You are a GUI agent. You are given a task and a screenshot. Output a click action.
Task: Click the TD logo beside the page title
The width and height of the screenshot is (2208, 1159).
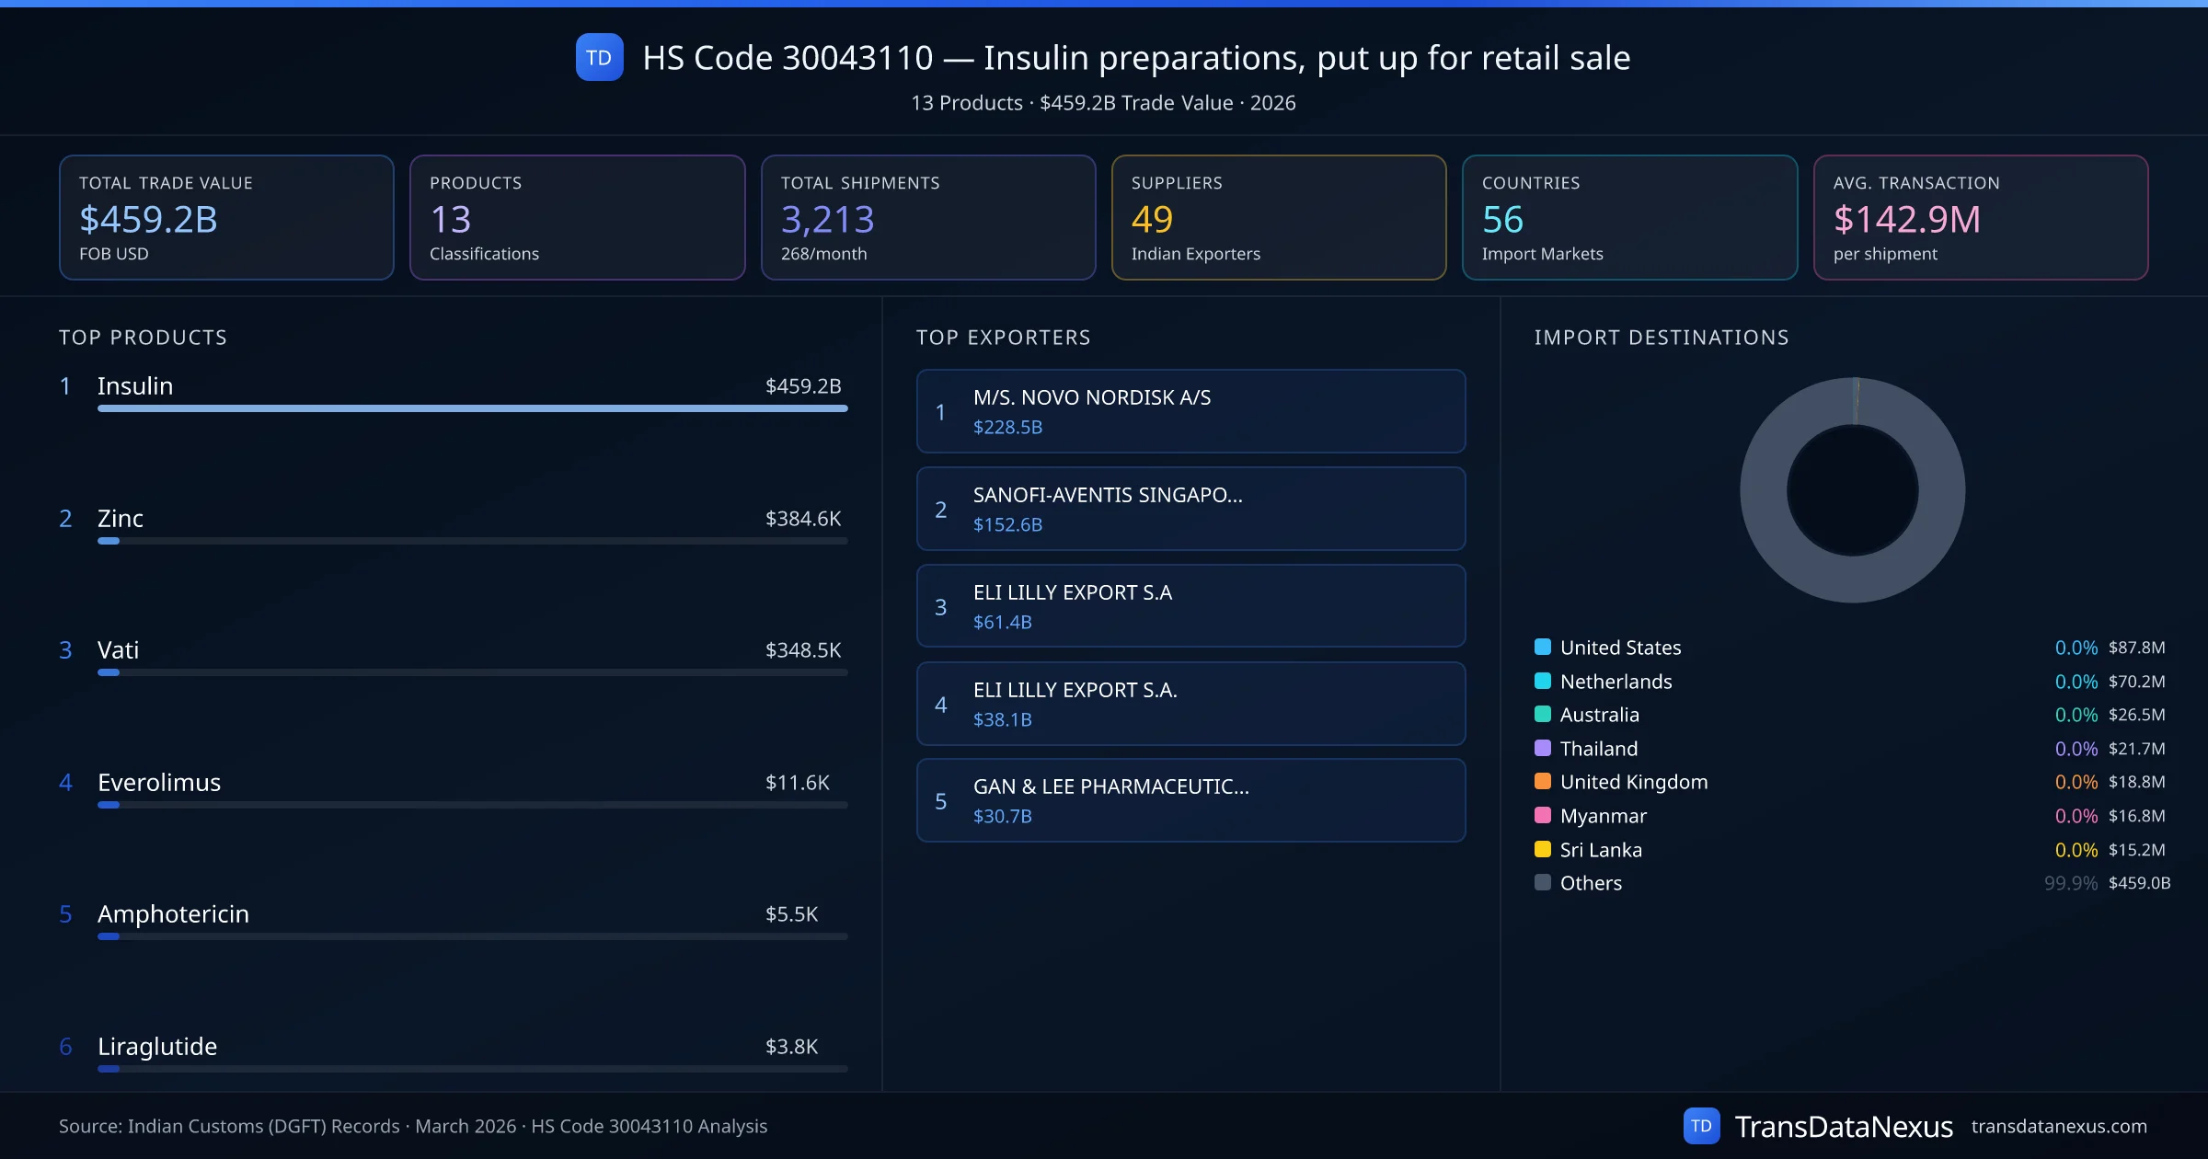tap(599, 58)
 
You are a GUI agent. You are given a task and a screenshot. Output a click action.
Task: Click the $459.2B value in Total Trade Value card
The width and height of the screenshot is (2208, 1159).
tap(148, 220)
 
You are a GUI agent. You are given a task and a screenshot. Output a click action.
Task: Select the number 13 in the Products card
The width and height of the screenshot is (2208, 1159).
tap(450, 220)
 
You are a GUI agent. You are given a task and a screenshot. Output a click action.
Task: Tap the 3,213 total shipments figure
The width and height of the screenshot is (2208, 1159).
tap(827, 220)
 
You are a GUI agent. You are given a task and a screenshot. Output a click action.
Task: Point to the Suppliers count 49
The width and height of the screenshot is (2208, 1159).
tap(1152, 220)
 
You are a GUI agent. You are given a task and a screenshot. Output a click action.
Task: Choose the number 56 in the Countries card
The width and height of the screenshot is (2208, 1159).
tap(1502, 220)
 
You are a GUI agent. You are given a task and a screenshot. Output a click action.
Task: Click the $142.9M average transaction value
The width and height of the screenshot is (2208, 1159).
tap(1906, 220)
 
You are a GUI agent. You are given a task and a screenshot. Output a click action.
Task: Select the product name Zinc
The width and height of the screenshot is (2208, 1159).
tap(121, 519)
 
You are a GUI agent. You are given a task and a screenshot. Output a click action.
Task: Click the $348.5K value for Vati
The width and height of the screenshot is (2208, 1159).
tap(803, 650)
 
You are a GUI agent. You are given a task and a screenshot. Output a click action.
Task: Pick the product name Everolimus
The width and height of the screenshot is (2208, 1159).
tap(159, 783)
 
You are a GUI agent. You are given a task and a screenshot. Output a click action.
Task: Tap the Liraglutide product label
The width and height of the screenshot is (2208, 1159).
tap(157, 1047)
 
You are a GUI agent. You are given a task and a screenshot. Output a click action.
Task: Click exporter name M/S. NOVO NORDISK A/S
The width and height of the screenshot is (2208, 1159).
tap(1092, 397)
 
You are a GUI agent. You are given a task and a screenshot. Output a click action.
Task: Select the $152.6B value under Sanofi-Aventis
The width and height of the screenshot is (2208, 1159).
tap(1007, 524)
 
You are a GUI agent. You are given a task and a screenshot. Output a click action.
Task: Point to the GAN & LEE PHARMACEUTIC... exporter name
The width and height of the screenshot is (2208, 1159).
tap(1111, 786)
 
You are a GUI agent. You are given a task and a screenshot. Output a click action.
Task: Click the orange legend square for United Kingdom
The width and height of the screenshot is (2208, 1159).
tap(1543, 782)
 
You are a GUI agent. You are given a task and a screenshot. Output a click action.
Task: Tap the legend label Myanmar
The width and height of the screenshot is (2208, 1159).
tap(1604, 816)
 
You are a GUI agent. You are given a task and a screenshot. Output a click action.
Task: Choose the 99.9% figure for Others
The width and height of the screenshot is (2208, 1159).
tap(2070, 883)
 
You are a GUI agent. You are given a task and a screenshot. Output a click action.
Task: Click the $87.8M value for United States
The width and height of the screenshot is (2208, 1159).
tap(2136, 648)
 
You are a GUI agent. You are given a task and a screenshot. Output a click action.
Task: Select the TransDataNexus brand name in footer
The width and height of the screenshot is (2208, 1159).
tap(1844, 1127)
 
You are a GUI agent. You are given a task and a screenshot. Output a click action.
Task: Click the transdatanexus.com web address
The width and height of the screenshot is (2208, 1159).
tap(2059, 1127)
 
